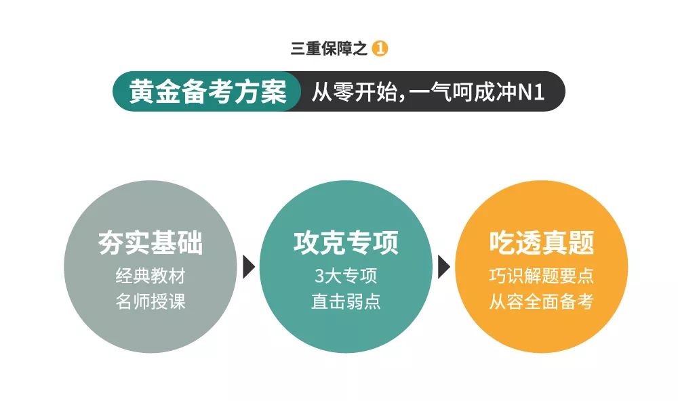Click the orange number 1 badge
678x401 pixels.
pos(380,48)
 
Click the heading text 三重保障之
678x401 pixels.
pos(329,49)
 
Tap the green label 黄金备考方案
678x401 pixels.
pos(207,91)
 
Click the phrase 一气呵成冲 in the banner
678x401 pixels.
pos(462,91)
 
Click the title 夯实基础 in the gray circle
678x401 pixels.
pos(151,242)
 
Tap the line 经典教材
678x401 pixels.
pos(151,276)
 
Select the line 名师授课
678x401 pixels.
pos(151,301)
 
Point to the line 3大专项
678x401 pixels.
pos(346,276)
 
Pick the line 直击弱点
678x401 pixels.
pos(346,301)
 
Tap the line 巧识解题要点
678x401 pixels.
pos(541,276)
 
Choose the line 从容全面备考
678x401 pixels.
pos(541,301)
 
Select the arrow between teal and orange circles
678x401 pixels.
pos(443,267)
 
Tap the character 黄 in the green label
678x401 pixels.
pos(142,91)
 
